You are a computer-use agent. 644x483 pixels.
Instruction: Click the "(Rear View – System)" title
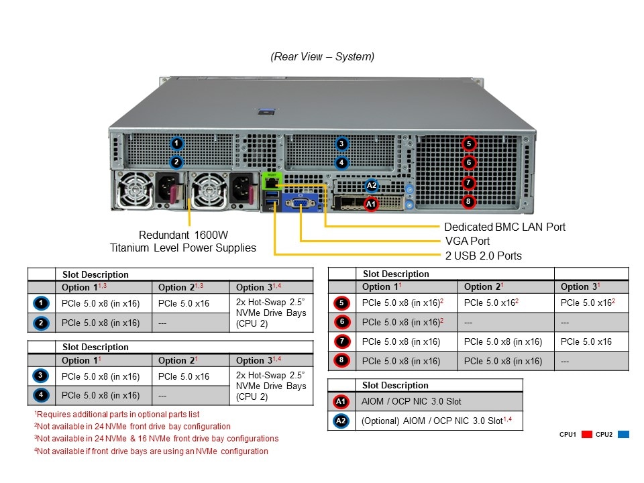323,57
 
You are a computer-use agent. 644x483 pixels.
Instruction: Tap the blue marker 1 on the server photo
176,144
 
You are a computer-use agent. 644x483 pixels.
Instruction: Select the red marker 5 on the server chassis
469,144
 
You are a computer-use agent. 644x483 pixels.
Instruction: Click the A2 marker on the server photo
372,186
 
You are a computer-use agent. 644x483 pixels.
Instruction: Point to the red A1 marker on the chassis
371,202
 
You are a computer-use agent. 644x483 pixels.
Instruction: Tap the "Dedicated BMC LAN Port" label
504,227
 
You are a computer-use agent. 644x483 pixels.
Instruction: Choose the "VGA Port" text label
467,241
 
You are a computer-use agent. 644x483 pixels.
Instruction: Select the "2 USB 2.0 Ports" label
482,256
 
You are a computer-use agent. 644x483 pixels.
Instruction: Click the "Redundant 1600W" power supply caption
183,235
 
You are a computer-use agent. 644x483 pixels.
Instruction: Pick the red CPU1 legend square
586,435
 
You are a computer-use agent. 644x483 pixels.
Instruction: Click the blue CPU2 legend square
623,435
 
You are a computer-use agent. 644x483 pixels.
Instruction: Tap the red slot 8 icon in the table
341,361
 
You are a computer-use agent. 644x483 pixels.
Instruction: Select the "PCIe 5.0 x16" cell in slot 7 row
586,341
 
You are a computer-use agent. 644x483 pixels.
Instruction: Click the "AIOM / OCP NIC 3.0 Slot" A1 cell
412,401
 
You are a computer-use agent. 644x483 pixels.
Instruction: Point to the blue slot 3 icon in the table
41,376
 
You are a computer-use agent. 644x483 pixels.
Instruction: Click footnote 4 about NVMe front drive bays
152,451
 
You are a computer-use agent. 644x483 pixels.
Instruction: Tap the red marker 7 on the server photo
469,182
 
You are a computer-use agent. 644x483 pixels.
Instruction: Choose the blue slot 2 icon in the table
41,323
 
